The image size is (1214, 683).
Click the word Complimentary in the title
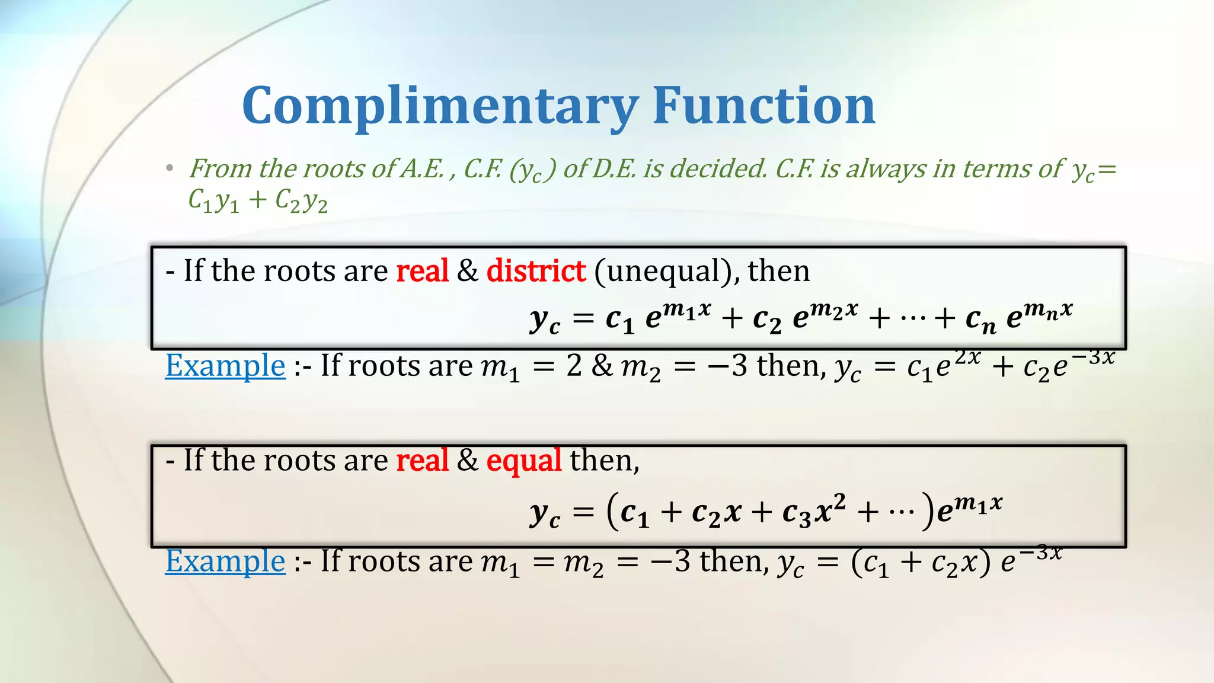click(439, 107)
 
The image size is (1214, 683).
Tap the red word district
click(536, 271)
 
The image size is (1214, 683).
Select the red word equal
click(523, 461)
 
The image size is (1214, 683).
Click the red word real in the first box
click(422, 271)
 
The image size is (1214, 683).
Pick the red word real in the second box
click(422, 461)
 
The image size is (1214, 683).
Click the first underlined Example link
click(225, 365)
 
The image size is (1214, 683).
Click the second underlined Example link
click(225, 561)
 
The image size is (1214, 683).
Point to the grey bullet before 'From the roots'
click(170, 169)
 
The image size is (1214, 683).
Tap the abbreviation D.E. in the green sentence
click(615, 169)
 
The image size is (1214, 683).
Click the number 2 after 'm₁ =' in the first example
click(574, 366)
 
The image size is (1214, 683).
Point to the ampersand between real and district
click(468, 271)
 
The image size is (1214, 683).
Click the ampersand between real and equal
click(468, 461)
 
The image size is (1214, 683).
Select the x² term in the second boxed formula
click(830, 509)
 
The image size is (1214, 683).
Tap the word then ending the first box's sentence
click(778, 271)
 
